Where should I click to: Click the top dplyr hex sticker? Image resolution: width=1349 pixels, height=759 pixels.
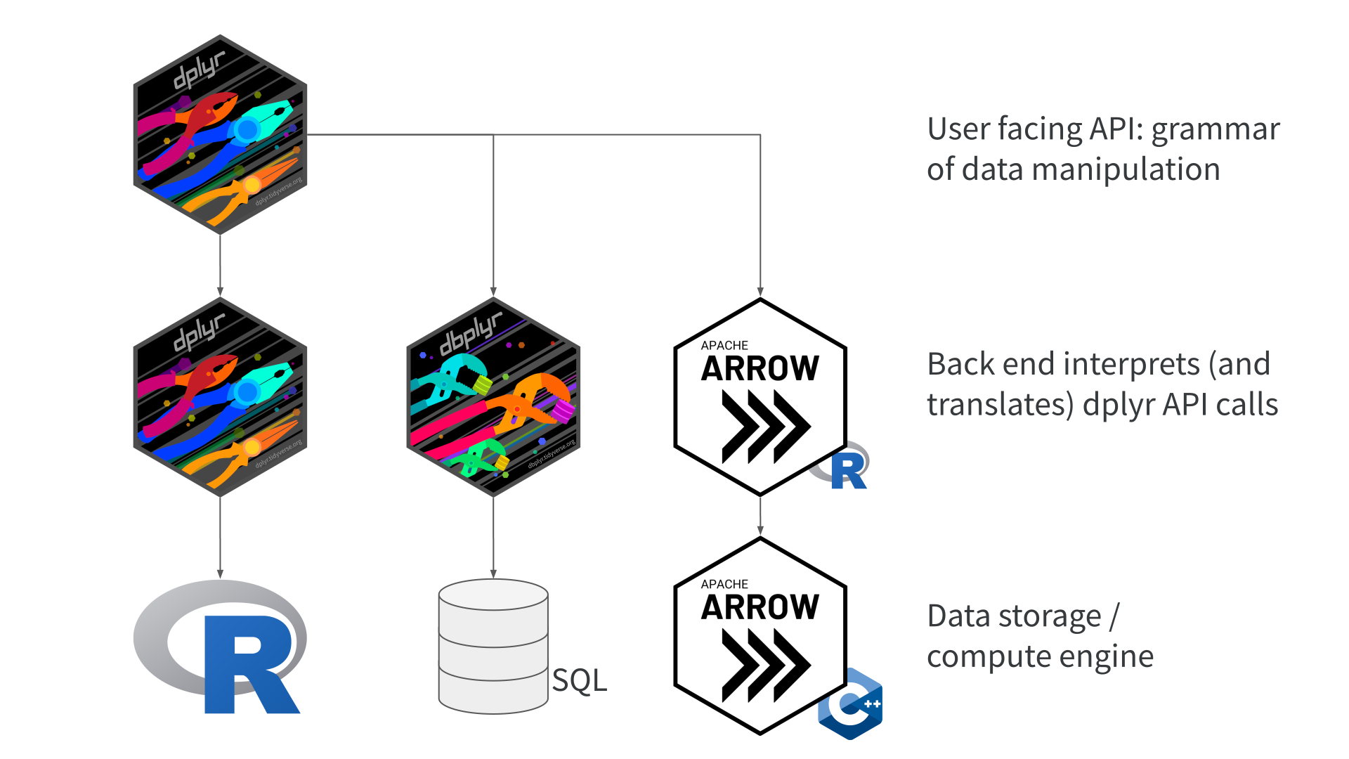(220, 134)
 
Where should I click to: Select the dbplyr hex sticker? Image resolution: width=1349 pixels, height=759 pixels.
(493, 397)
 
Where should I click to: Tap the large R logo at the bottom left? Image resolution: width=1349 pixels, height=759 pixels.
(220, 647)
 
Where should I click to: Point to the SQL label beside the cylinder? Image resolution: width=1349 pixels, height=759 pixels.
(579, 680)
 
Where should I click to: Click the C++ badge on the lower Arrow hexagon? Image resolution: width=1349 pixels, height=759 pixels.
(850, 703)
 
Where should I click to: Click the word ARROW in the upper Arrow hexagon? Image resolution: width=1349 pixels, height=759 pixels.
(760, 368)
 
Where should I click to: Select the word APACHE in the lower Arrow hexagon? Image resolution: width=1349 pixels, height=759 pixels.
(724, 584)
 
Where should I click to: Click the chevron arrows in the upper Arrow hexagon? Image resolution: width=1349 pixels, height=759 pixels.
(766, 426)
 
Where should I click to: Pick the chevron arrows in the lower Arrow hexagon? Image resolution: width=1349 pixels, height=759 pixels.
(766, 665)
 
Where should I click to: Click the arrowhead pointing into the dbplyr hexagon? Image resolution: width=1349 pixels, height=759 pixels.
(493, 292)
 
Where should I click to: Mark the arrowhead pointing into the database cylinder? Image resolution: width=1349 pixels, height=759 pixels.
(493, 573)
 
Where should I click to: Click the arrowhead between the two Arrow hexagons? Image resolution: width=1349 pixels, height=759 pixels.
(760, 531)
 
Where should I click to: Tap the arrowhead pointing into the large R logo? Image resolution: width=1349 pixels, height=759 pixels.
(220, 573)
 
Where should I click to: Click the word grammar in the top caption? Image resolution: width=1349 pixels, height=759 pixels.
(1216, 129)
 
